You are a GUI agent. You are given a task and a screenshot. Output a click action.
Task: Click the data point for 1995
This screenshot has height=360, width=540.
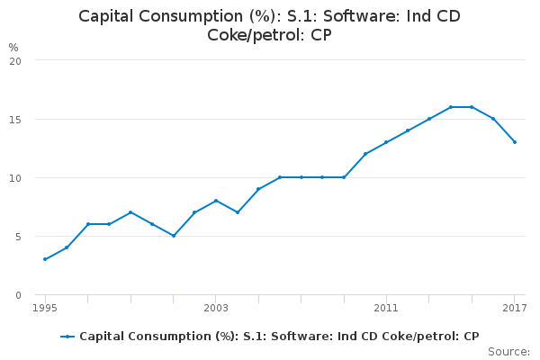click(x=45, y=259)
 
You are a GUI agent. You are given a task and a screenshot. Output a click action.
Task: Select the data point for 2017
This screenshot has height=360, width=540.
click(x=515, y=142)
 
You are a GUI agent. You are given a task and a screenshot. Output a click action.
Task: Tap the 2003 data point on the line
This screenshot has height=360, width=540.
click(x=216, y=201)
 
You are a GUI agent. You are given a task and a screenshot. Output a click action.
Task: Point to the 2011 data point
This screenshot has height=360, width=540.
click(x=386, y=142)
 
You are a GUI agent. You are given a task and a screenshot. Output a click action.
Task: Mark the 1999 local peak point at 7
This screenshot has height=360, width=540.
click(x=130, y=212)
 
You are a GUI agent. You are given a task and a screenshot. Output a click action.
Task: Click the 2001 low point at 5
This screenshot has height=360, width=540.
click(x=173, y=236)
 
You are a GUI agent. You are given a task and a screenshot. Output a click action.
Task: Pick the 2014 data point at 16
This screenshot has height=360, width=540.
click(x=450, y=107)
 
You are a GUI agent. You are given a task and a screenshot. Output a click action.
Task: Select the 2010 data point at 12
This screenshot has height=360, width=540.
click(x=365, y=154)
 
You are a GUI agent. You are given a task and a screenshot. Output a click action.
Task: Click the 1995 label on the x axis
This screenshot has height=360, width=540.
click(x=45, y=309)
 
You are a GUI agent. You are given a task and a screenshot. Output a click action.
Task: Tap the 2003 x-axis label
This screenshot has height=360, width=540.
click(x=216, y=309)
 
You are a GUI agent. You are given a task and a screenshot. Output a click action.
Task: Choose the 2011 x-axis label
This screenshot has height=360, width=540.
click(x=386, y=309)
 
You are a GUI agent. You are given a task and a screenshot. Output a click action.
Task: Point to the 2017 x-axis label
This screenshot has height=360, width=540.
click(x=515, y=309)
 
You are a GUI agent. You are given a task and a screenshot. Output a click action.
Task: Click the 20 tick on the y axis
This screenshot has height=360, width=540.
click(x=15, y=60)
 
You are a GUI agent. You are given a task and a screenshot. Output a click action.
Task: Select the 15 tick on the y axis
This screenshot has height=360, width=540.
click(x=15, y=119)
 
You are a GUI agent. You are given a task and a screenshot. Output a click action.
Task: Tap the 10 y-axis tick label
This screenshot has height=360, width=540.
click(x=15, y=177)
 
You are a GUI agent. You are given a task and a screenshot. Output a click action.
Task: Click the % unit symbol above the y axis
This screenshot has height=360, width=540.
click(x=13, y=47)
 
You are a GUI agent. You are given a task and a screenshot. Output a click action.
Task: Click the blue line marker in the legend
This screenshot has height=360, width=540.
click(x=67, y=337)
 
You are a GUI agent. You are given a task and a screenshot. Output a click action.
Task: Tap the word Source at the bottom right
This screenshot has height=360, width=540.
click(x=508, y=351)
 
